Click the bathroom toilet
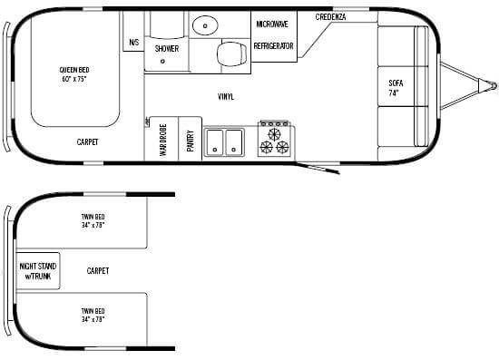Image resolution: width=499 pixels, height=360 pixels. [231, 54]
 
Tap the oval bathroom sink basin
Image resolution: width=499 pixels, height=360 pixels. [205, 25]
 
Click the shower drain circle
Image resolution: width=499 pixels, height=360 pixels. [162, 61]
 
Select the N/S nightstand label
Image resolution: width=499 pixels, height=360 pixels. [134, 43]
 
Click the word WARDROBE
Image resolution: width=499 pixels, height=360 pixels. [163, 140]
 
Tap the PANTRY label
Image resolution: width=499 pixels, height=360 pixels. [191, 141]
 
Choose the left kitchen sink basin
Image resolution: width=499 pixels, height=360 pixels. [214, 142]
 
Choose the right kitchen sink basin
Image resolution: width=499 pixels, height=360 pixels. [234, 142]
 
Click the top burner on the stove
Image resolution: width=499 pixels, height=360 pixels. [274, 134]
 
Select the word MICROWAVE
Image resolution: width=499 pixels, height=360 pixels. [272, 24]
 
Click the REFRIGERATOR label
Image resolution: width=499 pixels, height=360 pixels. [273, 46]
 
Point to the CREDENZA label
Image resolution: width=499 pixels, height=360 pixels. [330, 17]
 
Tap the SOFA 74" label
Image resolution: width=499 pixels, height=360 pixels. [396, 88]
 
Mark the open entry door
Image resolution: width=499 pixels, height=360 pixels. [318, 169]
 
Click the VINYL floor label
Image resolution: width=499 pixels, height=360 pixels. [226, 96]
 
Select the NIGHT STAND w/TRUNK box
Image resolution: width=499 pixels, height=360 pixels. [38, 271]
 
